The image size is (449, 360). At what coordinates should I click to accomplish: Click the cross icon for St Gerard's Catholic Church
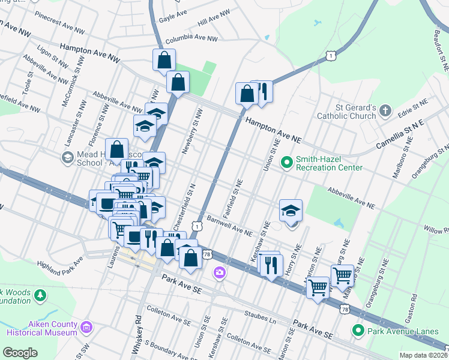point(385,111)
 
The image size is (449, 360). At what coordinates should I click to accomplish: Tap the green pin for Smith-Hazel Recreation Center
point(287,161)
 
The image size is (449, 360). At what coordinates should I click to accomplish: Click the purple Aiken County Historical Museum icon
point(86,328)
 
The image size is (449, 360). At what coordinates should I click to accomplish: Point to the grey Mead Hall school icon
point(67,157)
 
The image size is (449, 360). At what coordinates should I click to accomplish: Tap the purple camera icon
point(220,273)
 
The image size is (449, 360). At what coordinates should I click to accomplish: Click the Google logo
point(20,353)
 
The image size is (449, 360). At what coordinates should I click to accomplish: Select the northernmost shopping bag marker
point(163,60)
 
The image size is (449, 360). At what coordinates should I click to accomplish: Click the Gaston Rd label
point(413,303)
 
